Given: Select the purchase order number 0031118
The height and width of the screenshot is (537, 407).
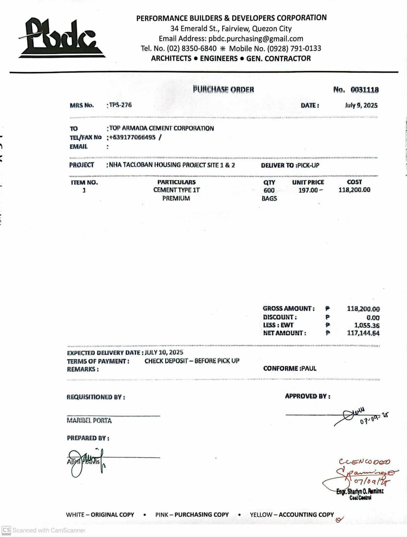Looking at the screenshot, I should click(364, 90).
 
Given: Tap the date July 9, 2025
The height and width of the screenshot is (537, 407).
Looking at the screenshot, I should click(361, 105).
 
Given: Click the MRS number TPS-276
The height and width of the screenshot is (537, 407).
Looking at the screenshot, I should click(120, 105).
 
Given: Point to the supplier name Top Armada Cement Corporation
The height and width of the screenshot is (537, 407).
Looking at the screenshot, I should click(161, 128).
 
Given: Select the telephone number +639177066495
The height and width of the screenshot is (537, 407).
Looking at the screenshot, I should click(132, 137).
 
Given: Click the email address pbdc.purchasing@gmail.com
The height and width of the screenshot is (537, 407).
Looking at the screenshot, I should click(255, 39).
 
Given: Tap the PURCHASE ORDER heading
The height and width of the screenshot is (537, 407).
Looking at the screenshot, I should click(223, 90).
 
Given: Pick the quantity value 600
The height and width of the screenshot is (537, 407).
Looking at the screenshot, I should click(269, 190).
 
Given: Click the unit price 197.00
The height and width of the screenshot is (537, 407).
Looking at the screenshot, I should click(308, 190).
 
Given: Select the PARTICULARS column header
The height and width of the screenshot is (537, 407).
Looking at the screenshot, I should click(176, 182).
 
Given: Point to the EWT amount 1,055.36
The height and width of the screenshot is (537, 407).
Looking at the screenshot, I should click(367, 325).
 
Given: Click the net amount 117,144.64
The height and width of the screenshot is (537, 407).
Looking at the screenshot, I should click(363, 333).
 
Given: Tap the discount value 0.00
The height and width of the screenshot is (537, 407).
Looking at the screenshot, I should click(373, 318).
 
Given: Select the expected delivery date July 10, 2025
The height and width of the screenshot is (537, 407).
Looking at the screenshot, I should click(164, 352).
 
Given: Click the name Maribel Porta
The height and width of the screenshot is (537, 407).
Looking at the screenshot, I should click(89, 421).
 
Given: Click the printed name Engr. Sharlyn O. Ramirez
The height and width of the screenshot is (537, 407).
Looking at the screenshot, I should click(360, 491).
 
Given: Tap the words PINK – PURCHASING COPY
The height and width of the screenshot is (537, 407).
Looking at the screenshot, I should click(192, 515).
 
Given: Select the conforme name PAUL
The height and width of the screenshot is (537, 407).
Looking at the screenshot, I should click(309, 369).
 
